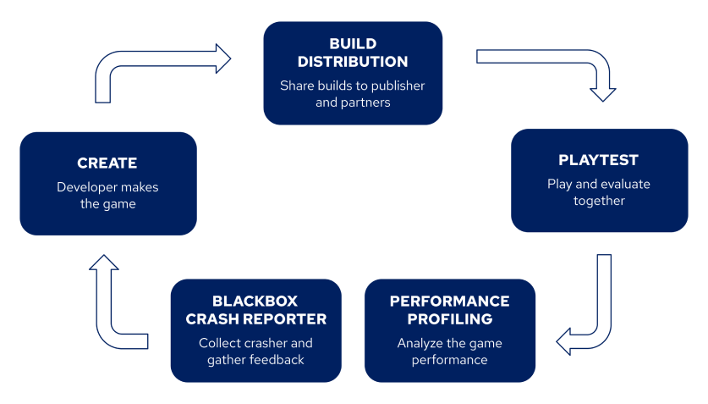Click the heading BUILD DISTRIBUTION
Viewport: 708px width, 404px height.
tap(353, 53)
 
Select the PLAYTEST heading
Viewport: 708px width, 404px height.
tap(598, 160)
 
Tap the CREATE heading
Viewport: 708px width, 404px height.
tap(107, 163)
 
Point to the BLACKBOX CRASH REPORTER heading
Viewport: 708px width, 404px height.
tap(255, 310)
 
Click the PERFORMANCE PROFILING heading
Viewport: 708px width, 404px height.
tap(449, 310)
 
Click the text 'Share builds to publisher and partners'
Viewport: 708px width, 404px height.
tap(353, 94)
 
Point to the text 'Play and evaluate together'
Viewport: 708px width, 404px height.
tap(599, 192)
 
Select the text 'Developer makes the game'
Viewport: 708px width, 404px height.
tap(107, 196)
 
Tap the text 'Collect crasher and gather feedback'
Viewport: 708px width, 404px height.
tap(255, 351)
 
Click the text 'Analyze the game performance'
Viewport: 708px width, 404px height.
tap(449, 351)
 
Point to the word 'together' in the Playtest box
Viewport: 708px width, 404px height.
tap(599, 201)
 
